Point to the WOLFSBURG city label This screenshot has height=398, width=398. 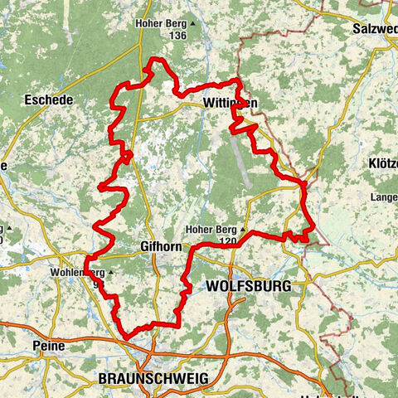[245, 286]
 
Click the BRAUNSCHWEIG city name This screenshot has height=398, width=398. [153, 378]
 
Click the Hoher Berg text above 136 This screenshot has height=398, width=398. [161, 24]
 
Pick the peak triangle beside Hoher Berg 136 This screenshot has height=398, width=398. [193, 24]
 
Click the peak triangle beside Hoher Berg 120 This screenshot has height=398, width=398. [245, 230]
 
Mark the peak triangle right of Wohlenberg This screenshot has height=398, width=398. [110, 272]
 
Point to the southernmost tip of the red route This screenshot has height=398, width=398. [127, 337]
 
